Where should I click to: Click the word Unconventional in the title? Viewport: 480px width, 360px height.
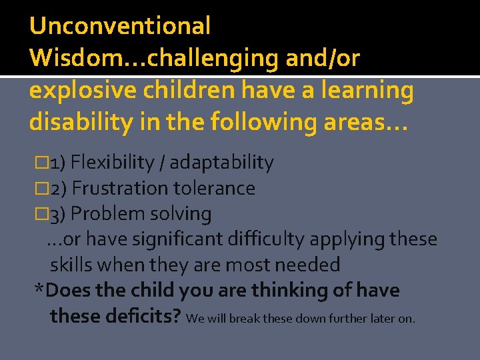tap(120, 26)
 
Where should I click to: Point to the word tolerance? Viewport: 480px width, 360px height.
tap(214, 189)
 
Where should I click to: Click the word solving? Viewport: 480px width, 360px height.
tap(181, 214)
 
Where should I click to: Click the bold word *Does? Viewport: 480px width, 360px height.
tap(61, 291)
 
